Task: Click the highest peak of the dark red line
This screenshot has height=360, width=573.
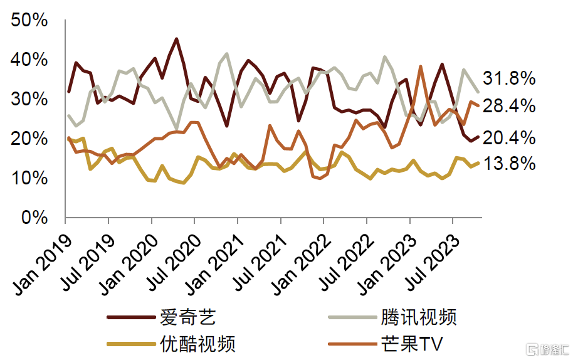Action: [176, 39]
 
